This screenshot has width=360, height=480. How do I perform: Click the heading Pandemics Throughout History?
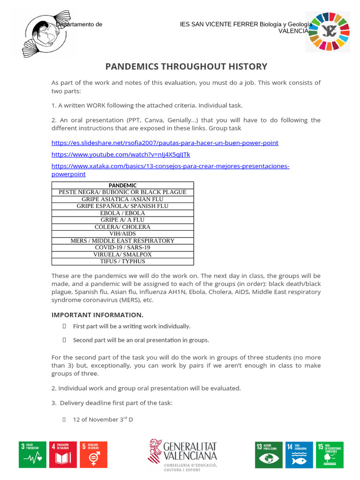click(x=186, y=67)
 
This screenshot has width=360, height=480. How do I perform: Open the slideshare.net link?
click(x=165, y=142)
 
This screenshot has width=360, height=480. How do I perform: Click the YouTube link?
click(x=120, y=154)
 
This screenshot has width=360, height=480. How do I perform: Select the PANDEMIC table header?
click(x=122, y=185)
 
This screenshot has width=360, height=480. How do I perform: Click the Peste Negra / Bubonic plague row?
click(x=122, y=192)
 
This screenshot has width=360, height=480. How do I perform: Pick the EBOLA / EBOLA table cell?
click(x=122, y=213)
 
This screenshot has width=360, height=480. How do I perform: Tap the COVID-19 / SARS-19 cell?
click(x=122, y=247)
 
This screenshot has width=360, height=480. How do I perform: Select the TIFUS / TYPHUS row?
click(x=122, y=262)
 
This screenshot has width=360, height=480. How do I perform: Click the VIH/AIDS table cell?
click(x=122, y=234)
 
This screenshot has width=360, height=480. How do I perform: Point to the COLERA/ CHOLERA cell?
click(x=122, y=227)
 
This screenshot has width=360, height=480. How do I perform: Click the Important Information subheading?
click(x=97, y=315)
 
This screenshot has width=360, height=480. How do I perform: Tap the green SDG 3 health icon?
click(x=32, y=454)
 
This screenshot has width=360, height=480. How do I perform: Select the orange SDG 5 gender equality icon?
click(x=93, y=454)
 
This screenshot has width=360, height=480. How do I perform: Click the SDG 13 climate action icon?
click(x=268, y=454)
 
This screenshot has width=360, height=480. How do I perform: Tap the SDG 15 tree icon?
click(x=329, y=454)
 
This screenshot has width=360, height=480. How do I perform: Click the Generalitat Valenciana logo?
click(x=183, y=454)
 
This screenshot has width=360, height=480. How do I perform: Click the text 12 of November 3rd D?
click(x=103, y=420)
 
